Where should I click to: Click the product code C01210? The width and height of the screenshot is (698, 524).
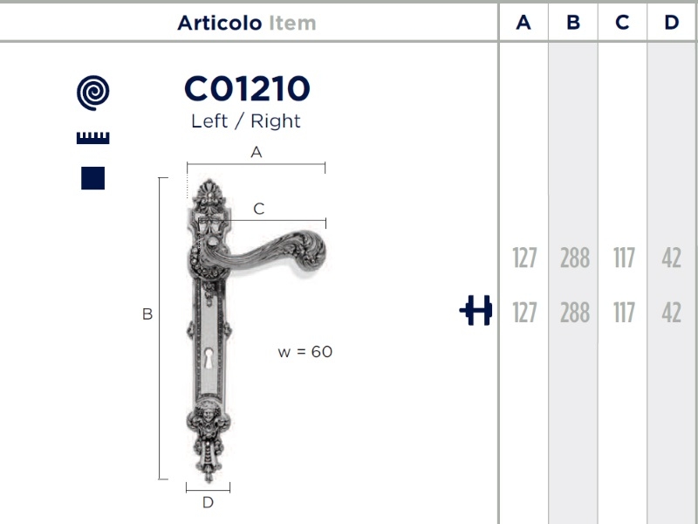pos(247,88)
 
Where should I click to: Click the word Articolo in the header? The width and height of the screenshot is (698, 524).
pos(220,23)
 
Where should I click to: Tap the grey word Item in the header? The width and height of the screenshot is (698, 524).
pos(292,23)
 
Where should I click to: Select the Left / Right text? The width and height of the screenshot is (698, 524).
pos(246,121)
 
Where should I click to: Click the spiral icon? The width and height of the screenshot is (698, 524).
pos(93,93)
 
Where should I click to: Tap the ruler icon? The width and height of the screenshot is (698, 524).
pos(93,138)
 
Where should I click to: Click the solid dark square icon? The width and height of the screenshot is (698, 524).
pos(93,178)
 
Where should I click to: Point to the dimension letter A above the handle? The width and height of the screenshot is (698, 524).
pos(256,152)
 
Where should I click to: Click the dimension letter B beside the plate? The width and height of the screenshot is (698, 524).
pos(147,314)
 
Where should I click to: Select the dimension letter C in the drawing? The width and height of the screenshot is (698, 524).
pos(259,209)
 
